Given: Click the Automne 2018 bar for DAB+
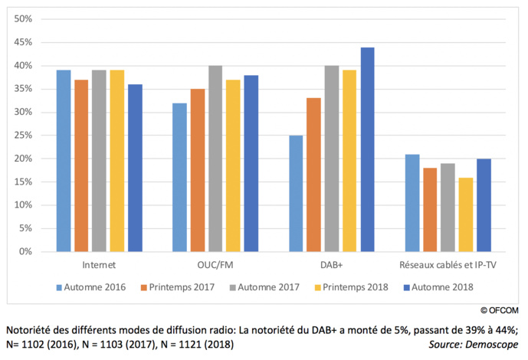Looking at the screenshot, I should [367, 149].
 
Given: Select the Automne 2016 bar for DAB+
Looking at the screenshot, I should [296, 193].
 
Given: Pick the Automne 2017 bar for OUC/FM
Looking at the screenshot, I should [215, 159].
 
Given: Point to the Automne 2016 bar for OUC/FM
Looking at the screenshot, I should [179, 177].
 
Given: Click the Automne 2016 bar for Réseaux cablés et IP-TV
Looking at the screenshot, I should [412, 203].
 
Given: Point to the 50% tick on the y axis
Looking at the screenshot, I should [22, 18].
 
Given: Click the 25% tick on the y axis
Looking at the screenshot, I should [22, 135].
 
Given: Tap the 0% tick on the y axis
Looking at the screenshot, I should [25, 251].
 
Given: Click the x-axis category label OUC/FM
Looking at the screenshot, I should [215, 265].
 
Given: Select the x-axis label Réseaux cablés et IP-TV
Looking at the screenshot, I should [448, 265].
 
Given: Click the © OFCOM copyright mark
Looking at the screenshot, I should [499, 310].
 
